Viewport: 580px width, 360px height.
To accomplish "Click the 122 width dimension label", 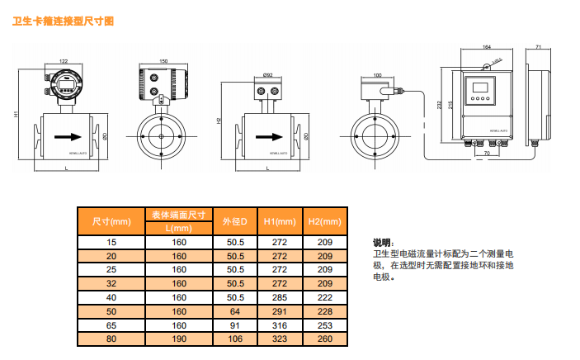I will [x=64, y=60].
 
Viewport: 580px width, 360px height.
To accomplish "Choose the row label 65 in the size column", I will [x=112, y=324].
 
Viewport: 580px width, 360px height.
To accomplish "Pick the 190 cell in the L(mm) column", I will [x=179, y=339].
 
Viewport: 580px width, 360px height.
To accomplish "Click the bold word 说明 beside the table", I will [x=382, y=243].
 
